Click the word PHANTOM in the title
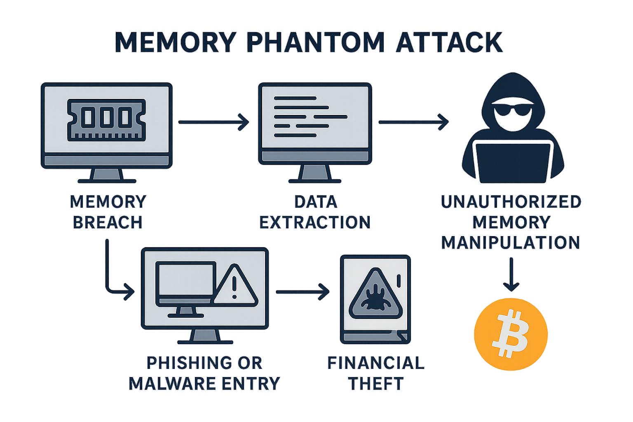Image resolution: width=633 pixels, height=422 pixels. coord(316,42)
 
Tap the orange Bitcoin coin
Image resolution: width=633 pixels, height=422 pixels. coord(511,334)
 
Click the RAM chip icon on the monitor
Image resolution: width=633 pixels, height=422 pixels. coord(106,120)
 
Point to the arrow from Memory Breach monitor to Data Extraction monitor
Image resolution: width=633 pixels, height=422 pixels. coord(214,122)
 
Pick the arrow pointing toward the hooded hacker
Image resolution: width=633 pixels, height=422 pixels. coord(413,122)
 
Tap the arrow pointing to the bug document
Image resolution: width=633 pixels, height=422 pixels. coord(302,292)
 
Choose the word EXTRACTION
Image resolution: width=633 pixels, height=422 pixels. coord(315,223)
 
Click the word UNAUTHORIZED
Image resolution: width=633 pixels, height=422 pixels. coord(511,202)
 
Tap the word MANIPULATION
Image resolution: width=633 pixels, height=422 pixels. coord(511,242)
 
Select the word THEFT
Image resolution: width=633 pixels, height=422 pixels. coord(375,384)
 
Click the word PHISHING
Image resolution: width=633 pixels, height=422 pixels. coord(184,363)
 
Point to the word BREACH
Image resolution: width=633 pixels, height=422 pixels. coord(108,223)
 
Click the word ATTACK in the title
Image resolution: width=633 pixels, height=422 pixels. coord(449,42)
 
